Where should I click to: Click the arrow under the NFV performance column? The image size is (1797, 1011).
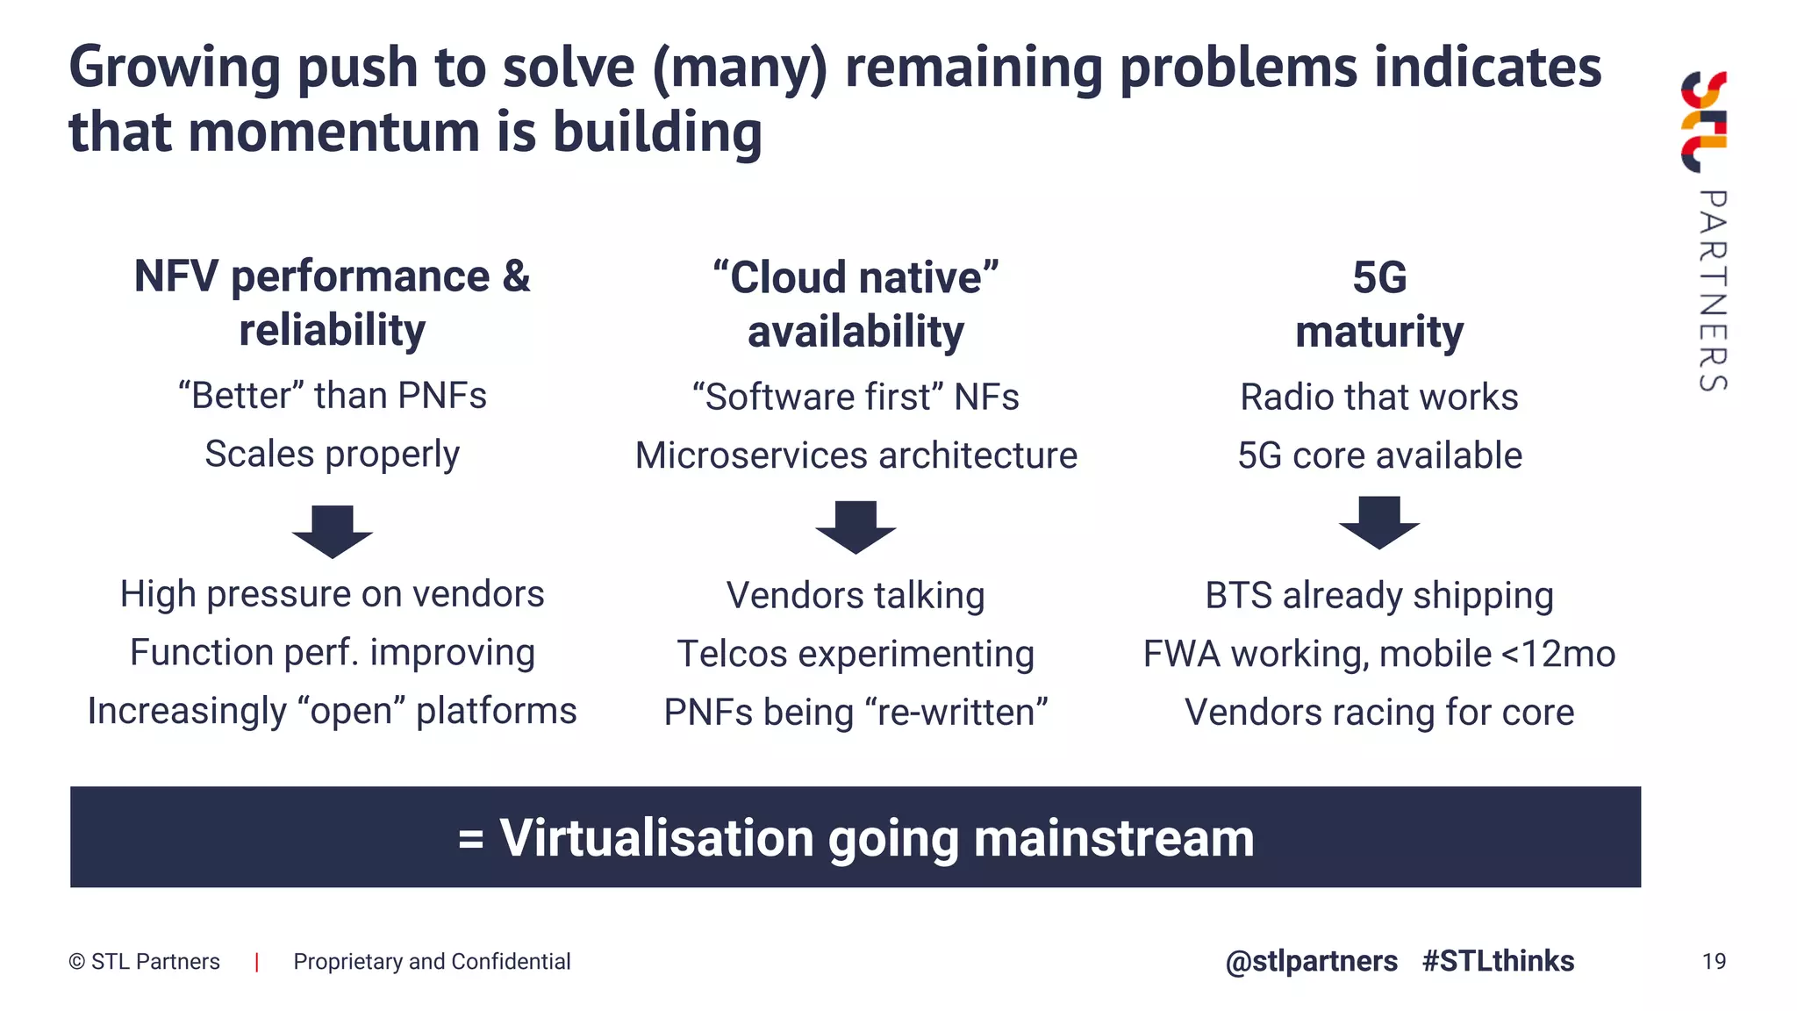tap(333, 531)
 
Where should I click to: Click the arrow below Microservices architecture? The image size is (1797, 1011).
tap(856, 527)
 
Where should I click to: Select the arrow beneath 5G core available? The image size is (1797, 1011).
tap(1378, 522)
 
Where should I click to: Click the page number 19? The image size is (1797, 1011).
tap(1714, 961)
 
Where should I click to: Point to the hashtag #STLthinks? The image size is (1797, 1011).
tap(1498, 961)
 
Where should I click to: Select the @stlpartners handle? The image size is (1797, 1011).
tap(1311, 961)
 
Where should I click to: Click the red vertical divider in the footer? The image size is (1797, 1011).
tap(256, 962)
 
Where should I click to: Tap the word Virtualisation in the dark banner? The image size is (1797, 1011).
tap(657, 838)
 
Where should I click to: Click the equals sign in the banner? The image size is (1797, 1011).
tap(471, 840)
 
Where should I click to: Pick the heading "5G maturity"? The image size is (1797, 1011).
tap(1379, 305)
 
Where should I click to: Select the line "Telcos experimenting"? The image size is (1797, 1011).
tap(856, 654)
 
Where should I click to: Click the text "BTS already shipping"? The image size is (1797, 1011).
tap(1379, 595)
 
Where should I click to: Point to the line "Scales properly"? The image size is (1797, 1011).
tap(332, 455)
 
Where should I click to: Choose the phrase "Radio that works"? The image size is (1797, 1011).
tap(1379, 397)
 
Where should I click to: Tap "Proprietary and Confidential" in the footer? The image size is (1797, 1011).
tap(432, 962)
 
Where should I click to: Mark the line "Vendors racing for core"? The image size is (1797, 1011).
tap(1379, 712)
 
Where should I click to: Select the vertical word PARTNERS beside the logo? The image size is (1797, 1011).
tap(1712, 290)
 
